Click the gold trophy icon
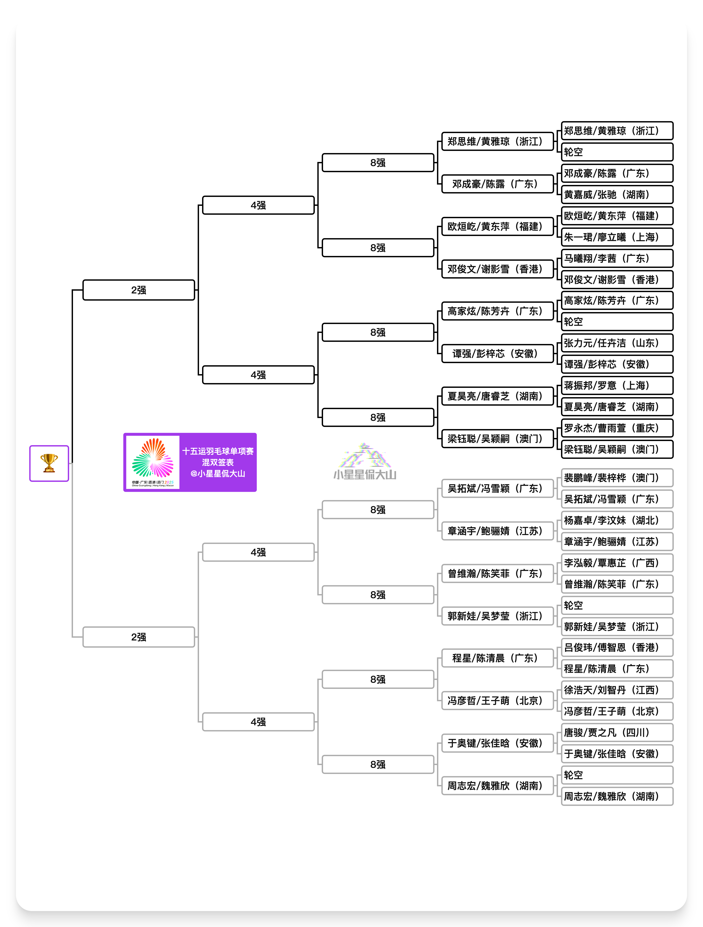tap(49, 463)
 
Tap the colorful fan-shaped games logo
tap(152, 461)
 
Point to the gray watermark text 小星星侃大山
tap(365, 474)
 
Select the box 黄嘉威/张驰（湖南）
tap(617, 194)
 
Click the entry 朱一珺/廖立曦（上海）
tap(617, 237)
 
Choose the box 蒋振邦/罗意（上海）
tap(617, 386)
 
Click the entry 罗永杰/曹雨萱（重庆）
tap(617, 428)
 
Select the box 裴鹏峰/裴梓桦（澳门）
tap(617, 478)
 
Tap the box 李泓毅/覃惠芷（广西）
tap(617, 563)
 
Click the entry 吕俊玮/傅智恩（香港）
tap(617, 648)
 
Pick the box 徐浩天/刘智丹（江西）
tap(617, 690)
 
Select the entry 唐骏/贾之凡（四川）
tap(617, 733)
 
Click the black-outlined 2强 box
tap(139, 290)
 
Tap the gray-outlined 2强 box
tap(139, 637)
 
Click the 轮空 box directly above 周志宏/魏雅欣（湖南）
tap(617, 775)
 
